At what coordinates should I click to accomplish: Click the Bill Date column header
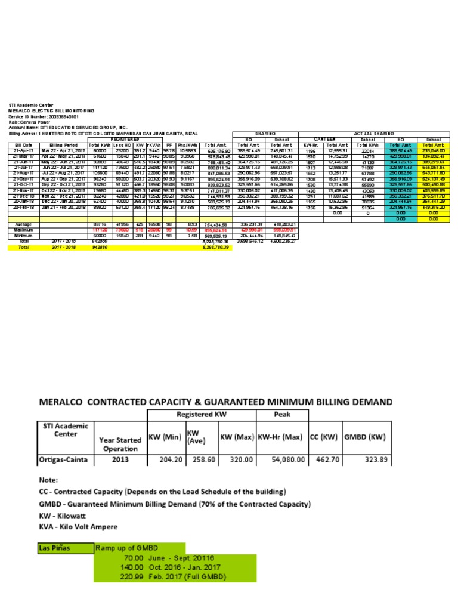(x=24, y=144)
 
